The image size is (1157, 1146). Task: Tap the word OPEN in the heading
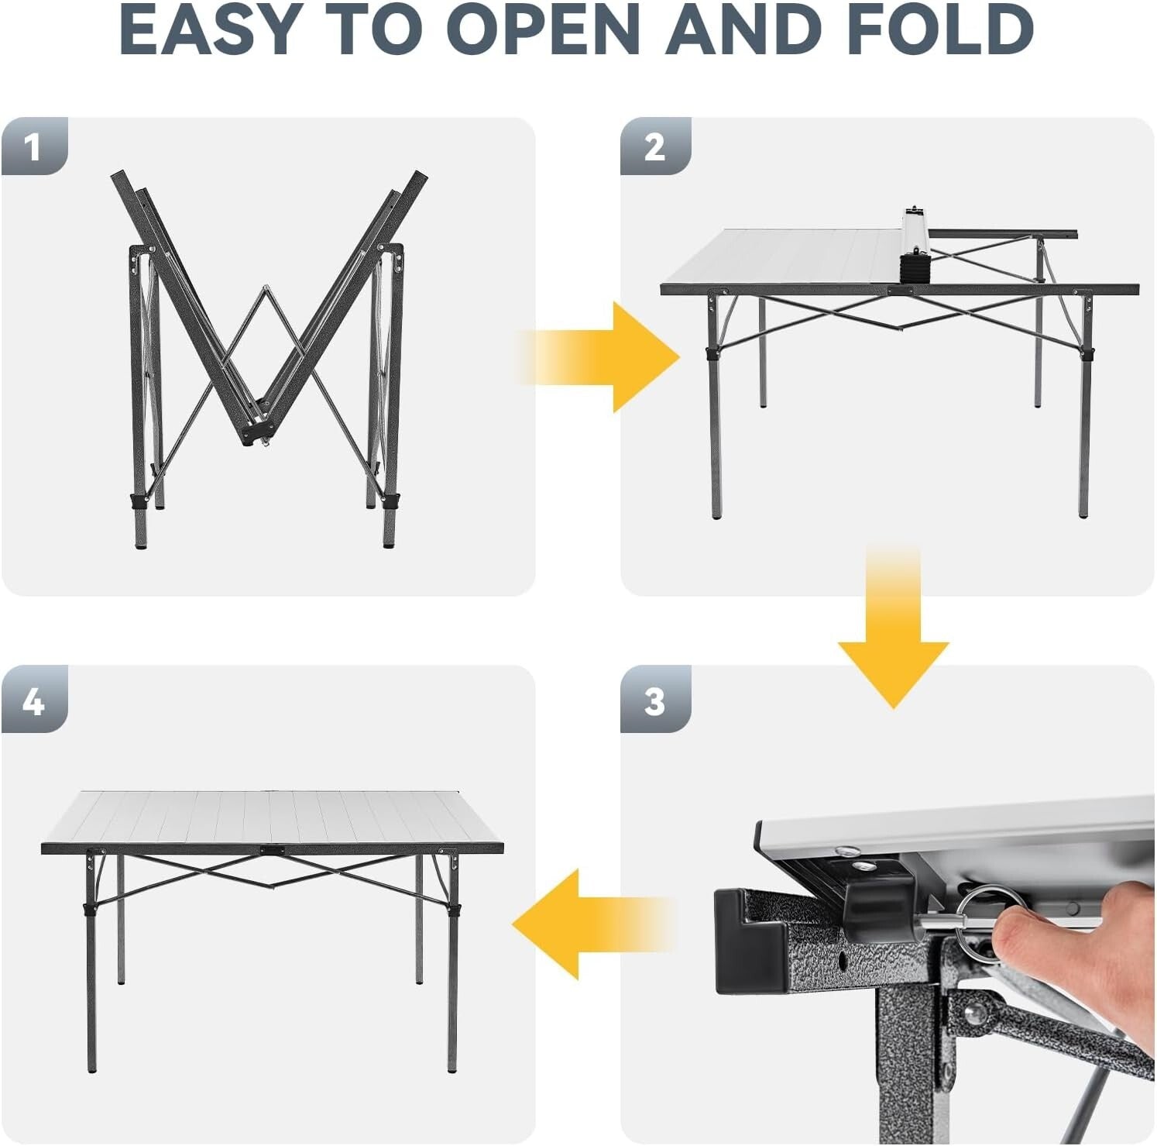[x=542, y=31]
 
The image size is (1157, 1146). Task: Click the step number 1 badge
[x=33, y=146]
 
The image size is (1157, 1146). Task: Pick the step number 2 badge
[x=654, y=146]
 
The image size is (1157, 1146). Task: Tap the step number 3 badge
[x=654, y=701]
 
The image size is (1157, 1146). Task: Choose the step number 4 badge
[x=33, y=701]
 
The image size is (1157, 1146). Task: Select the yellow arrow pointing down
[x=893, y=635]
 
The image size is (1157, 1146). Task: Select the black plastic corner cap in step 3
[x=747, y=941]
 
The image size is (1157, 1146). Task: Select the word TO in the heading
[x=379, y=31]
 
